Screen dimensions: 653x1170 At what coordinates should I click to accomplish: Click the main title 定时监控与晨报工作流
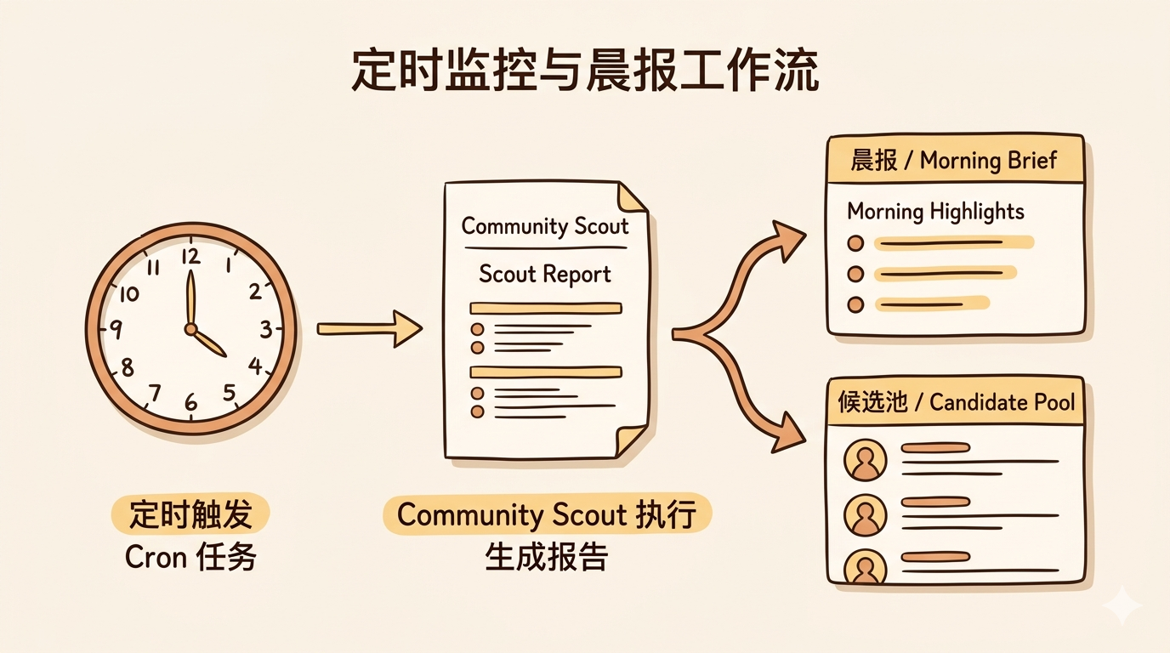(x=585, y=71)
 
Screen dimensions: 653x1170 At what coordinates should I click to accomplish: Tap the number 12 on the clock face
(x=190, y=255)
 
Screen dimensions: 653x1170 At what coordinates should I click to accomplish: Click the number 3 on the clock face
(x=265, y=328)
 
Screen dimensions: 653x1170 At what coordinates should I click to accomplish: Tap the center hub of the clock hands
(x=190, y=328)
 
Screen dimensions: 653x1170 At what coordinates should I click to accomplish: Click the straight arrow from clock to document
(x=370, y=328)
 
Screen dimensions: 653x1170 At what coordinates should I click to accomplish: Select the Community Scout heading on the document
(x=545, y=227)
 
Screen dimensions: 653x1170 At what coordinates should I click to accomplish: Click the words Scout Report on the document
(x=545, y=274)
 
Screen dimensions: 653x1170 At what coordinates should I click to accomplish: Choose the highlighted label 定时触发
(x=190, y=515)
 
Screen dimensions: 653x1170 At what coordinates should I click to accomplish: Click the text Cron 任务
(x=190, y=557)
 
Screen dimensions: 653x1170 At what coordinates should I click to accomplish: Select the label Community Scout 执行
(x=547, y=515)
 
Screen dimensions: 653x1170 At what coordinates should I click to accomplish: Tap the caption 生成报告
(x=547, y=557)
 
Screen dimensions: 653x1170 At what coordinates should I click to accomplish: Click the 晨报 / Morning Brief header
(x=954, y=161)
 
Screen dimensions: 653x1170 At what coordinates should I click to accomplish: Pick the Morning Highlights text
(x=935, y=211)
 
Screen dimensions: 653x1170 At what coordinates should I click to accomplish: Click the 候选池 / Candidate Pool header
(x=954, y=402)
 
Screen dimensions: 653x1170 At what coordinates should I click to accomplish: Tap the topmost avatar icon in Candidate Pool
(x=865, y=461)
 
